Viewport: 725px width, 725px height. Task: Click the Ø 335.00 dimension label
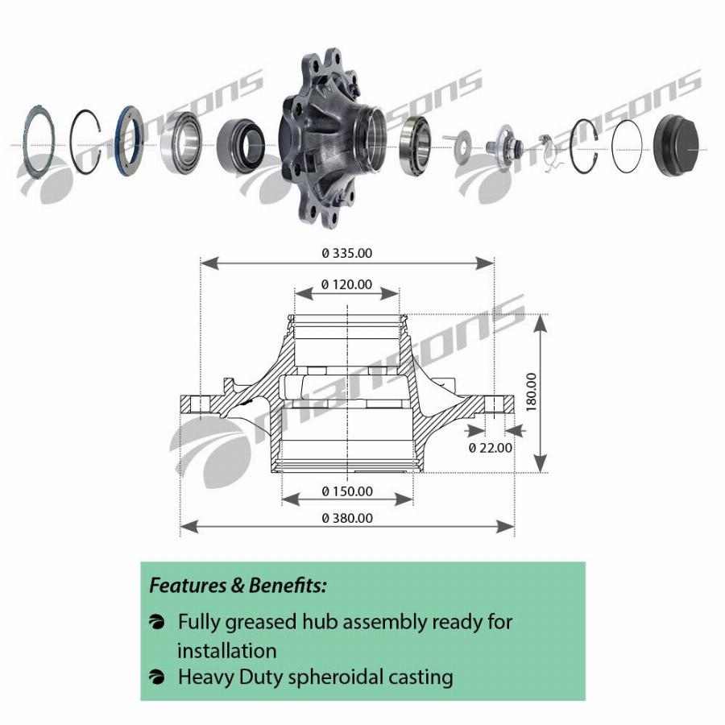click(346, 253)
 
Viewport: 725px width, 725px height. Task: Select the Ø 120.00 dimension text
click(346, 284)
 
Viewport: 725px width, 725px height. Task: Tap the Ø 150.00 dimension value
click(347, 491)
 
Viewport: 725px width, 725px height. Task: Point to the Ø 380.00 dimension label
click(347, 518)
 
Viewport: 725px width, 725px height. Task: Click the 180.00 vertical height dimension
click(532, 392)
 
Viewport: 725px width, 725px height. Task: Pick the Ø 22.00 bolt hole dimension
click(490, 448)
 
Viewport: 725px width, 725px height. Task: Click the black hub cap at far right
click(676, 145)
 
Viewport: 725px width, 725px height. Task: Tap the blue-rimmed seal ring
click(130, 141)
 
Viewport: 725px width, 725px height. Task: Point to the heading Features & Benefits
click(238, 586)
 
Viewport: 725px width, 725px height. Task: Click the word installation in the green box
click(227, 651)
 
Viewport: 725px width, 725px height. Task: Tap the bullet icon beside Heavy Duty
click(157, 677)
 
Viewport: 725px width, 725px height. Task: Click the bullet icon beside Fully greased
click(157, 622)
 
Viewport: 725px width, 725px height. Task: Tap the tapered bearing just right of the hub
click(415, 146)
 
